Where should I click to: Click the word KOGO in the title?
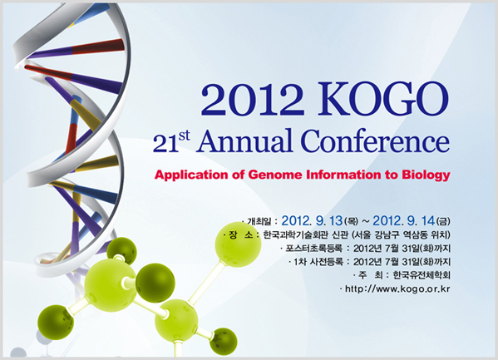[x=384, y=99]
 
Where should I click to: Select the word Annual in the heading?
[x=244, y=141]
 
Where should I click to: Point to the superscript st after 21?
[x=185, y=136]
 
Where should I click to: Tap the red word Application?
[x=191, y=175]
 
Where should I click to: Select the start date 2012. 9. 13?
[x=312, y=220]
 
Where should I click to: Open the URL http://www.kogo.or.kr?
[x=397, y=288]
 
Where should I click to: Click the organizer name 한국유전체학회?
[x=422, y=275]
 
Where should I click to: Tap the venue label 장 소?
[x=241, y=235]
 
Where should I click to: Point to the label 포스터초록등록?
[x=313, y=248]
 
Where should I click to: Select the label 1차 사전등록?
[x=318, y=262]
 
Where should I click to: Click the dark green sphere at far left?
[x=56, y=323]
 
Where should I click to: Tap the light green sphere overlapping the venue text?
[x=238, y=244]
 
